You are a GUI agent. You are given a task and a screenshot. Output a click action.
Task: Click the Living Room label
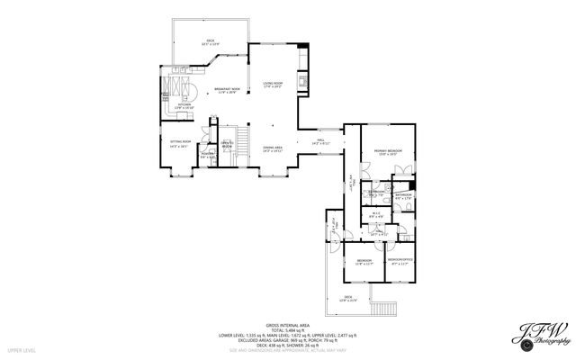pyautogui.click(x=273, y=85)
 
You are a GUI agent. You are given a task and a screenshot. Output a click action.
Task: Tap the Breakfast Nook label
pyautogui.click(x=227, y=90)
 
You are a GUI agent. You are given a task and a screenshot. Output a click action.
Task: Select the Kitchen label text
pyautogui.click(x=184, y=106)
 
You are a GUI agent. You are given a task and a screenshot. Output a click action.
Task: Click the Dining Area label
pyautogui.click(x=273, y=148)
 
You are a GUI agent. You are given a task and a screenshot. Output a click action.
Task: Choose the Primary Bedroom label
pyautogui.click(x=389, y=152)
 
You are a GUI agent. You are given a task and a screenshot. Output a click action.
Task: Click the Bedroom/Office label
pyautogui.click(x=400, y=262)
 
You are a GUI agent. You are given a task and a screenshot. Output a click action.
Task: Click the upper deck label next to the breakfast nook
pyautogui.click(x=210, y=41)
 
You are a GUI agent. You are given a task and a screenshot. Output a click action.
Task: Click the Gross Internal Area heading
pyautogui.click(x=287, y=325)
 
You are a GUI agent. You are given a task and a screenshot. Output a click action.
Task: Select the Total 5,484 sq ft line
pyautogui.click(x=287, y=330)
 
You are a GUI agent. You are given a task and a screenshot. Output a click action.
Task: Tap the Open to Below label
pyautogui.click(x=228, y=145)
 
